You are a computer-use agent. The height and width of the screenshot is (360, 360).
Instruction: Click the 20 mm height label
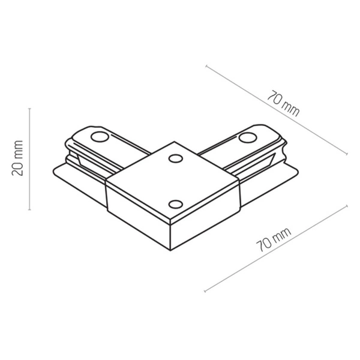tap(17, 158)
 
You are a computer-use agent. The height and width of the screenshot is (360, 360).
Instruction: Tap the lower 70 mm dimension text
tap(274, 237)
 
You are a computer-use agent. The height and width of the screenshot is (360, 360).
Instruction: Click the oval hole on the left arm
tap(97, 137)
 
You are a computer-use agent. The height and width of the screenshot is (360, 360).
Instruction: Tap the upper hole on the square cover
tap(175, 158)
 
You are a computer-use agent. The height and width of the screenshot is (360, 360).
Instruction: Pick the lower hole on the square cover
tap(175, 203)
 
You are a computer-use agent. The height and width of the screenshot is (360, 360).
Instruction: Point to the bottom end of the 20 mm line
tap(30, 210)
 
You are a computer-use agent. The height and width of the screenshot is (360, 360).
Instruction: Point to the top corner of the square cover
tap(175, 142)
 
